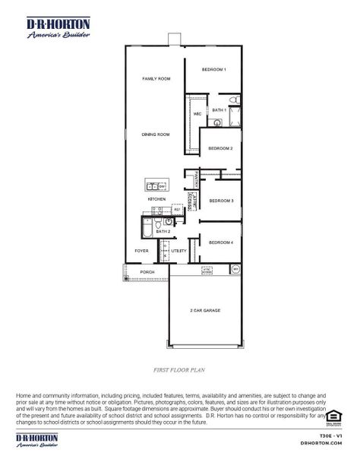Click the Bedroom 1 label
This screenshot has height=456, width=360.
(x=214, y=70)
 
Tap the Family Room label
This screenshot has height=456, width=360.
(x=156, y=79)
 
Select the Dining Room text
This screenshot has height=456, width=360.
(x=156, y=135)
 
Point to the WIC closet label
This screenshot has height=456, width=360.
(x=197, y=114)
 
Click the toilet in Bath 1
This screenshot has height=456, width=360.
(x=235, y=100)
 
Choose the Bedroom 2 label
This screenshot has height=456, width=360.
(x=220, y=148)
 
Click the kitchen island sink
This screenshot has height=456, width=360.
(x=152, y=185)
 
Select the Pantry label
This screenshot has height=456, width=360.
(x=196, y=178)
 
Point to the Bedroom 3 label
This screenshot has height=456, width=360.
(x=221, y=201)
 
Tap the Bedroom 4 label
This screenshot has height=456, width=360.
(x=220, y=242)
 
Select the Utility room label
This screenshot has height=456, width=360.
(x=178, y=251)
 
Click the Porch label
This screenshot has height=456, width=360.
(x=147, y=271)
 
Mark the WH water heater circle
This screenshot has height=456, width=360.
(x=235, y=269)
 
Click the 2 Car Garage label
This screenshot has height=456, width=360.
(x=205, y=311)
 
